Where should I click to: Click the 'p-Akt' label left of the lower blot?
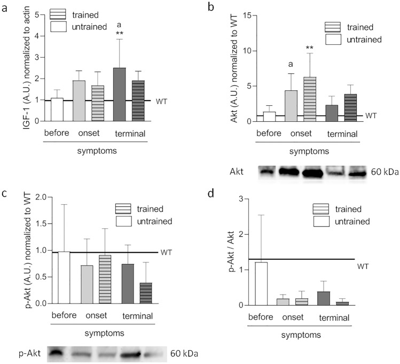coord(27,353)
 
